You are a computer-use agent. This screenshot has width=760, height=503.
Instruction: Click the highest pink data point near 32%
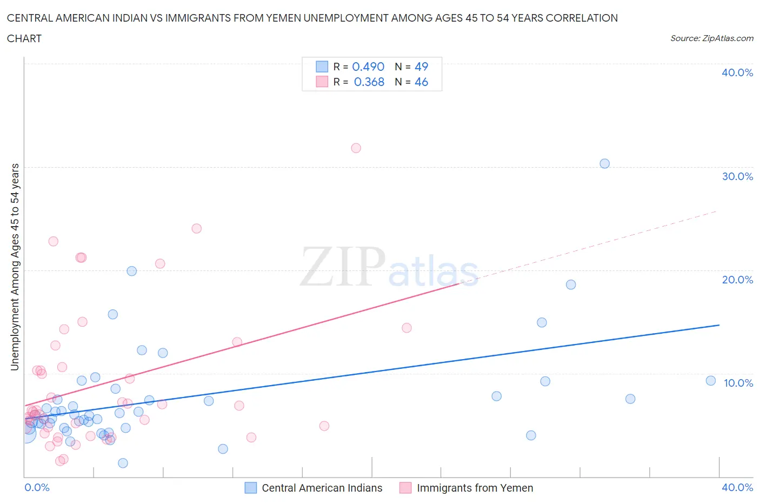(x=356, y=148)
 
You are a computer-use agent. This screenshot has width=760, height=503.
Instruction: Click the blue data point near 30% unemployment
(x=604, y=164)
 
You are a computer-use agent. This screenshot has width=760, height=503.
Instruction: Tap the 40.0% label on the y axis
(x=737, y=72)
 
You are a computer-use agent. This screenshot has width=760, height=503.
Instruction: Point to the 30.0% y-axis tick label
(x=737, y=176)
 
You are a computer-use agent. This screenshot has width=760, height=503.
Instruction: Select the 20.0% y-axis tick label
(x=737, y=280)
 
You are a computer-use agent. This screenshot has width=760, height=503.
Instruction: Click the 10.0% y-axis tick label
(x=738, y=383)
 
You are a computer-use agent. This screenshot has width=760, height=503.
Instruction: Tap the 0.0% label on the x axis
(x=37, y=487)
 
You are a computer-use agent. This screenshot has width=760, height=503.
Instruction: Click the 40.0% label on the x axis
(x=737, y=487)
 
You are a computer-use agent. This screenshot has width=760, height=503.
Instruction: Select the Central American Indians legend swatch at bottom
(x=251, y=488)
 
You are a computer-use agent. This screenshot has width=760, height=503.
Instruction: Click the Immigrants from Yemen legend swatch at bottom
(x=405, y=488)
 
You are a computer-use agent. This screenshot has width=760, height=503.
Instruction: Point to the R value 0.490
(x=368, y=67)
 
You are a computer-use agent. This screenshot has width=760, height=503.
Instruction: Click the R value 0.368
(x=369, y=82)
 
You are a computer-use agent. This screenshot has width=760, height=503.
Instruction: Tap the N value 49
(x=421, y=67)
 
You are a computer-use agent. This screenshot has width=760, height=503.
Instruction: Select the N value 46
(x=421, y=82)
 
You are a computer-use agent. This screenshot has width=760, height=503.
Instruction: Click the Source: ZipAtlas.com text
(x=711, y=38)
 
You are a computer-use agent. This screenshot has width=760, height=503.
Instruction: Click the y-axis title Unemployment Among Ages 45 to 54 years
(x=15, y=267)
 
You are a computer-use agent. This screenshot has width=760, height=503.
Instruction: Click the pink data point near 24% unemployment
(x=196, y=229)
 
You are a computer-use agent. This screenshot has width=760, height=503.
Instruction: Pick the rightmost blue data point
(x=710, y=381)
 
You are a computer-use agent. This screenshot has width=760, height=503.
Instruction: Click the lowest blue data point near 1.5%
(x=123, y=463)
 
